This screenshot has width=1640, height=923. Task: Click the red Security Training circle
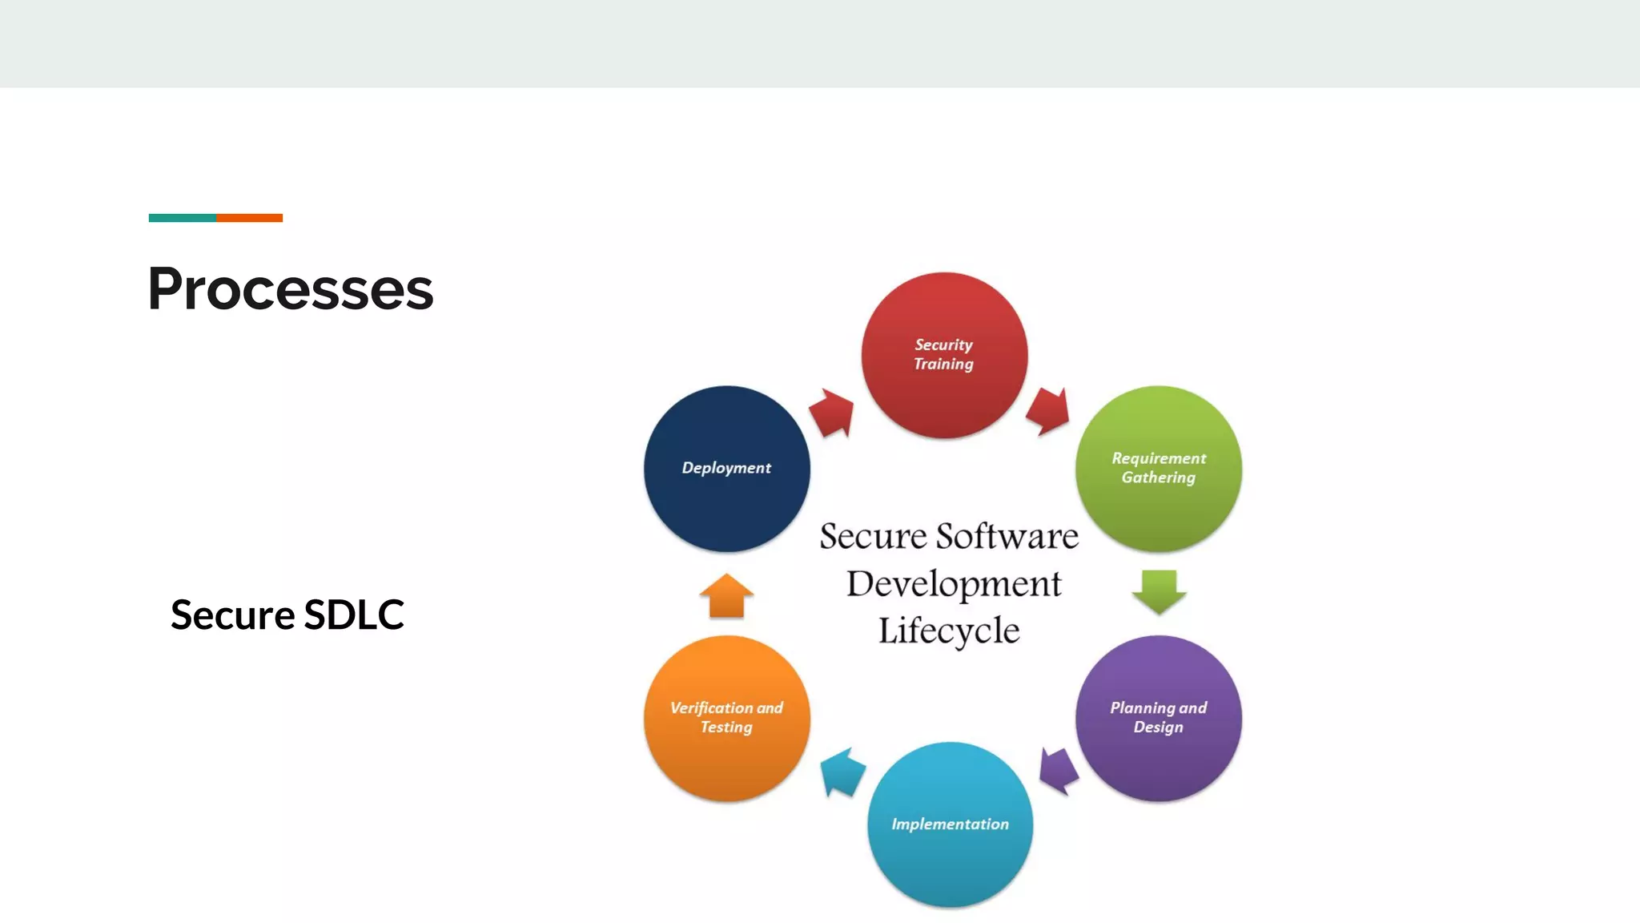[944, 355]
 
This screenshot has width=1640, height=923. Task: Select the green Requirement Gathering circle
[1158, 469]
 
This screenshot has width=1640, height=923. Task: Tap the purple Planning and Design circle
[1158, 718]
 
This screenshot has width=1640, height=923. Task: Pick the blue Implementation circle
[950, 824]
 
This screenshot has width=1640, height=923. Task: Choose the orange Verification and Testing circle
[726, 718]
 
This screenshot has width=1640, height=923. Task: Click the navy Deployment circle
[726, 469]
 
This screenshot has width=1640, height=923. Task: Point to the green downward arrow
[1159, 591]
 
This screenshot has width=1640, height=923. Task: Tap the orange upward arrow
[726, 597]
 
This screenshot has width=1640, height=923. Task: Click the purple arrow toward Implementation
[1059, 771]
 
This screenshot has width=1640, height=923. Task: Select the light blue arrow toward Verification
[842, 772]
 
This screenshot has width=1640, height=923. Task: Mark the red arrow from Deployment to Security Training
[832, 413]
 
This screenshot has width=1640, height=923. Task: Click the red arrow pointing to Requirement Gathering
[1048, 411]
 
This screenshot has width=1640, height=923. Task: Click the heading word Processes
[290, 288]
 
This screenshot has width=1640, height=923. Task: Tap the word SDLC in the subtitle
[354, 615]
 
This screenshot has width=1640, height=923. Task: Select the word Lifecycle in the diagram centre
[949, 631]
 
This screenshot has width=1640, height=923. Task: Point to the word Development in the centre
[954, 584]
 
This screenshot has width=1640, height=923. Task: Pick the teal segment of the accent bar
[182, 218]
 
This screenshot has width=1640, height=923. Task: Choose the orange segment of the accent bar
[249, 218]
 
